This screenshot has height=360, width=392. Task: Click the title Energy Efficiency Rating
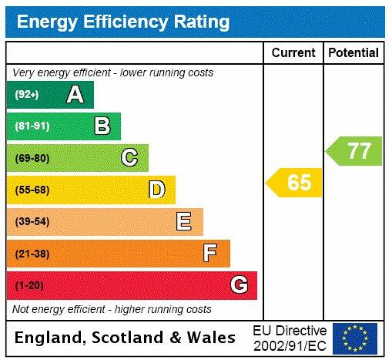pyautogui.click(x=123, y=21)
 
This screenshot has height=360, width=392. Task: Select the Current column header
pyautogui.click(x=293, y=53)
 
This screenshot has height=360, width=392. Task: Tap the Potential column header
pyautogui.click(x=353, y=53)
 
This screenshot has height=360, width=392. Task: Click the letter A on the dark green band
pyautogui.click(x=75, y=95)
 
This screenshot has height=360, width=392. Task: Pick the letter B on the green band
pyautogui.click(x=102, y=126)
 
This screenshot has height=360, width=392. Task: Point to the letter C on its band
pyautogui.click(x=129, y=158)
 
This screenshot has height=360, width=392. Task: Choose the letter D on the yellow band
pyautogui.click(x=156, y=190)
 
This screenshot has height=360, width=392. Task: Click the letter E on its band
pyautogui.click(x=184, y=222)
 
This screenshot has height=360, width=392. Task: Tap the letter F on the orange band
pyautogui.click(x=210, y=253)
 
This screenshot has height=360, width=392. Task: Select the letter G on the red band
pyautogui.click(x=239, y=285)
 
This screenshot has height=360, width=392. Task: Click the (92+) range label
pyautogui.click(x=27, y=95)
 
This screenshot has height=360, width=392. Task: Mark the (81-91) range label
pyautogui.click(x=32, y=126)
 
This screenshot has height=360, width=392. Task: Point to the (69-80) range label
pyautogui.click(x=32, y=158)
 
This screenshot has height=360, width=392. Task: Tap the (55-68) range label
pyautogui.click(x=32, y=190)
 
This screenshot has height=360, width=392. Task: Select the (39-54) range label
pyautogui.click(x=32, y=222)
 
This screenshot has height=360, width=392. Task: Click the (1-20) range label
pyautogui.click(x=29, y=285)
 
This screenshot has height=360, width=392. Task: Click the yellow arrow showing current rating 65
pyautogui.click(x=295, y=183)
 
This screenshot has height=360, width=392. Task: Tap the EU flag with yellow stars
pyautogui.click(x=355, y=338)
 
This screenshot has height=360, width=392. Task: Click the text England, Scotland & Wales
pyautogui.click(x=125, y=338)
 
